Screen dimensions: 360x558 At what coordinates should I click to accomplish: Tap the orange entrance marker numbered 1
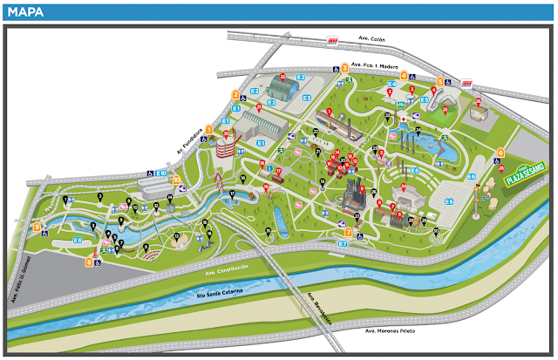(208, 128)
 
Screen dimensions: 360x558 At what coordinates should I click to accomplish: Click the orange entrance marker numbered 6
(500, 153)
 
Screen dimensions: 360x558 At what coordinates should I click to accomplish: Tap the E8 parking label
(78, 240)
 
